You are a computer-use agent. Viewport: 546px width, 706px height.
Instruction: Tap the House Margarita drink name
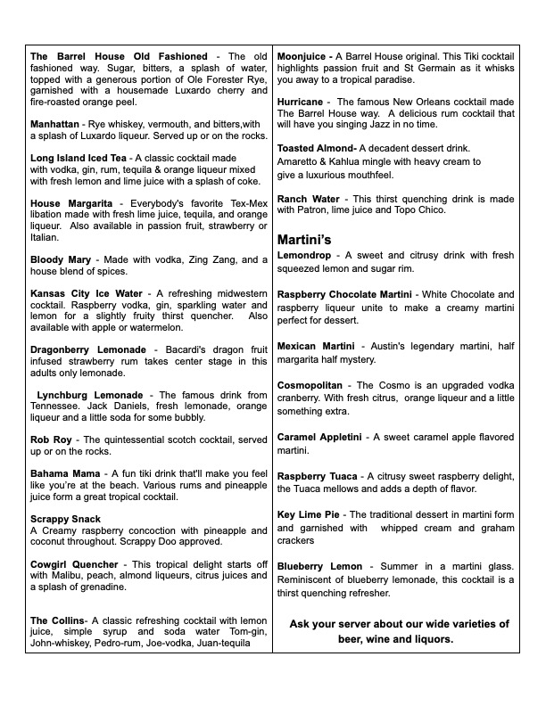71,204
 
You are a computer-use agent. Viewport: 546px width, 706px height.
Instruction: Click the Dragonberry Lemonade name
88,349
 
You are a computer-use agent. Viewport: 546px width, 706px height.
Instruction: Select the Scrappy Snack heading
65,519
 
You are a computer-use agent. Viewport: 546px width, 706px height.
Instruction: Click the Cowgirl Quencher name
74,564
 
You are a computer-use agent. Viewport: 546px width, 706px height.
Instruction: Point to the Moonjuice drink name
304,56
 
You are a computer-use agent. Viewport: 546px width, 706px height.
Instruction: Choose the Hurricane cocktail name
300,102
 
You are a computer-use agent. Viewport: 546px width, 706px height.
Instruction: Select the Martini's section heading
304,240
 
